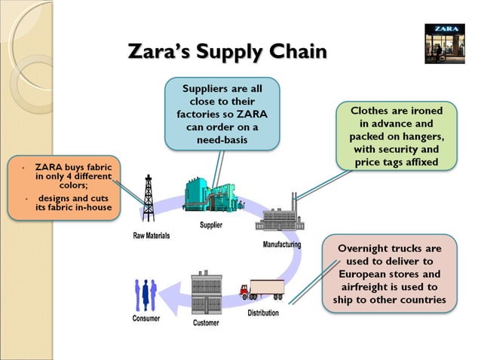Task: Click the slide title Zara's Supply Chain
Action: click(x=228, y=53)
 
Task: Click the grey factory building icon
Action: click(x=280, y=215)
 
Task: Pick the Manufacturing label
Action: click(x=282, y=245)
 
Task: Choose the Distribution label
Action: click(x=263, y=313)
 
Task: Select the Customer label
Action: click(x=206, y=323)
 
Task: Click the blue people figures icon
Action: click(x=145, y=295)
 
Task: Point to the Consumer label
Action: click(x=146, y=318)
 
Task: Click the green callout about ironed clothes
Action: click(x=397, y=136)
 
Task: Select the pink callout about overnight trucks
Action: click(x=389, y=274)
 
